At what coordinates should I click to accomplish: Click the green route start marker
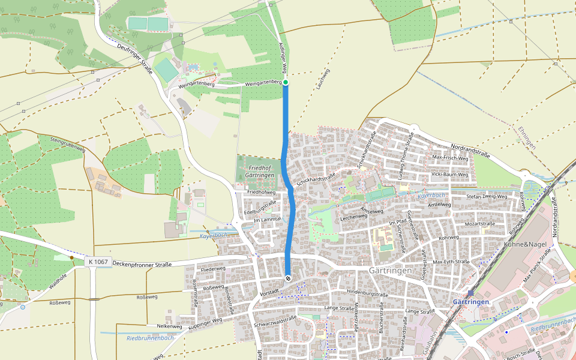click(286, 82)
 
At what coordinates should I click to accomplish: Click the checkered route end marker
click(288, 278)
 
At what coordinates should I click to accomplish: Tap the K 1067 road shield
click(97, 262)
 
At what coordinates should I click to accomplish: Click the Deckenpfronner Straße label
click(142, 264)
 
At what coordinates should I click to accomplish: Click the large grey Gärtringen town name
click(391, 271)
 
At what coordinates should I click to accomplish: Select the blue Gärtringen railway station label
click(472, 301)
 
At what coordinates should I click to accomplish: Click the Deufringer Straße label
click(136, 59)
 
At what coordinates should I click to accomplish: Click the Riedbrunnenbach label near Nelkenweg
click(150, 338)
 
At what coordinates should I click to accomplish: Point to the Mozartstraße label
click(479, 223)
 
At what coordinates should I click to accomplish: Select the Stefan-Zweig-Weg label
click(487, 196)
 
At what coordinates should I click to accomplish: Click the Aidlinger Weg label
click(285, 58)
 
